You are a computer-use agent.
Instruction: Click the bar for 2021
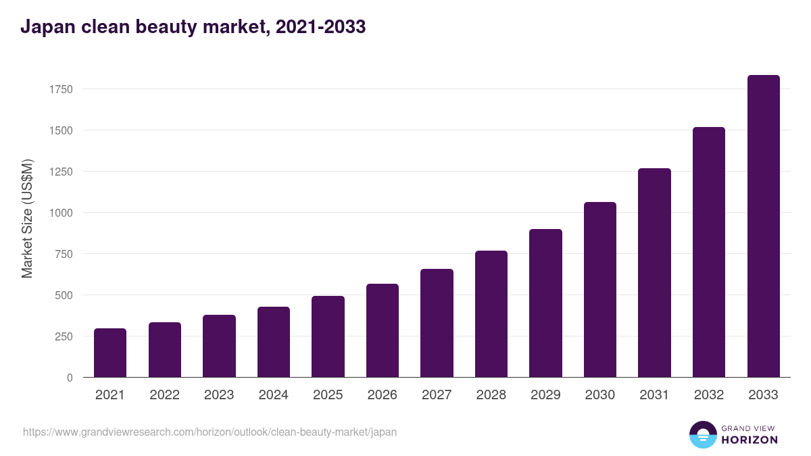click(110, 353)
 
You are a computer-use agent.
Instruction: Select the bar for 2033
click(763, 226)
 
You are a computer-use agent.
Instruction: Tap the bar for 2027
click(437, 323)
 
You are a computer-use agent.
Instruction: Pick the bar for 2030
click(600, 289)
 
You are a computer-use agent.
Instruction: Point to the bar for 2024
click(274, 342)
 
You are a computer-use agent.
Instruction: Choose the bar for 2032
click(709, 252)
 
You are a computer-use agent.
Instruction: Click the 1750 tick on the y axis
click(61, 89)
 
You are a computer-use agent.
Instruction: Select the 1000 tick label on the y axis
click(61, 213)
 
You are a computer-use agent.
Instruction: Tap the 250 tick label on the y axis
click(64, 336)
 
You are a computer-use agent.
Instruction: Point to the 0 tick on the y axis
click(70, 378)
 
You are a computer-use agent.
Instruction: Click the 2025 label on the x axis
click(328, 395)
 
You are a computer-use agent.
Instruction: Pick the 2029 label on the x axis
click(545, 395)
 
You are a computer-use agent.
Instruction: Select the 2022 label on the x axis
click(165, 395)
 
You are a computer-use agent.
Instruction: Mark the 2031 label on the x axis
click(654, 395)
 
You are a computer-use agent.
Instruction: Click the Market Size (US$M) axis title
click(27, 218)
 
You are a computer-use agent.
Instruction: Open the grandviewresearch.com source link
click(210, 432)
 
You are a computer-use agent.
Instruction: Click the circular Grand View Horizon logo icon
click(702, 435)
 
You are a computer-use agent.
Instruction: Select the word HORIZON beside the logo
click(749, 440)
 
